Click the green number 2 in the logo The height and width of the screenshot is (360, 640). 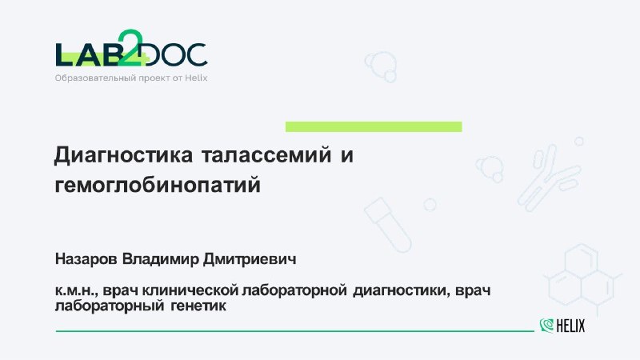pos(130,47)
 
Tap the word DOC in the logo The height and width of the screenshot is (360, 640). pos(174,54)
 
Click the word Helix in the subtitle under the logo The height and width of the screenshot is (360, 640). pos(196,78)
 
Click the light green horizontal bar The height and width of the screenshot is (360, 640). pos(374,126)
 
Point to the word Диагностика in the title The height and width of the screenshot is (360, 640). pos(124,155)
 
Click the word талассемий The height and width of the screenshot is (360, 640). pos(266,155)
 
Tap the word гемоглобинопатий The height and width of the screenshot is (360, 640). pos(158,186)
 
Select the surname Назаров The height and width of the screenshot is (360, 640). pos(86,258)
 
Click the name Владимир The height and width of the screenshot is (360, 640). pos(161,258)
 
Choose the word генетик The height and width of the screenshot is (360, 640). pos(198,306)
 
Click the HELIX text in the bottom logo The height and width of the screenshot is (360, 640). pos(570,326)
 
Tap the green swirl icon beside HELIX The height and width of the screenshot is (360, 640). pos(546,326)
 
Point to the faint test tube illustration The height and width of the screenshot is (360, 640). pos(388,225)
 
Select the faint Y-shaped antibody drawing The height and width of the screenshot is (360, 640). pos(549,178)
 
